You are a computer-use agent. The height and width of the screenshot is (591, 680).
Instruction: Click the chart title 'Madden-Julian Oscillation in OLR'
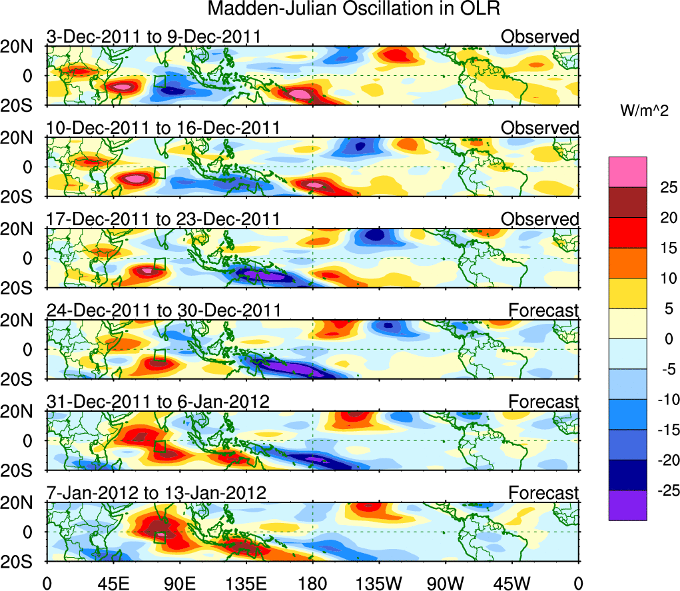click(x=354, y=9)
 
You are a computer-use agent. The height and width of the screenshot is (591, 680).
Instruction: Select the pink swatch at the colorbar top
click(x=627, y=172)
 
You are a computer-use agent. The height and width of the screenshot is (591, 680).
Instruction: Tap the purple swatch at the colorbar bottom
click(x=627, y=505)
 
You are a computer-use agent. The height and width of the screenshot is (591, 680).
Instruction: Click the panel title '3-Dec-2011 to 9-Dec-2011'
click(x=153, y=37)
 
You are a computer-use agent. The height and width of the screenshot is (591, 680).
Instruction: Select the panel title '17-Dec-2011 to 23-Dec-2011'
click(x=163, y=219)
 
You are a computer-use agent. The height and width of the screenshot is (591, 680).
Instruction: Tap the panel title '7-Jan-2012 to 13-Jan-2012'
click(x=157, y=493)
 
